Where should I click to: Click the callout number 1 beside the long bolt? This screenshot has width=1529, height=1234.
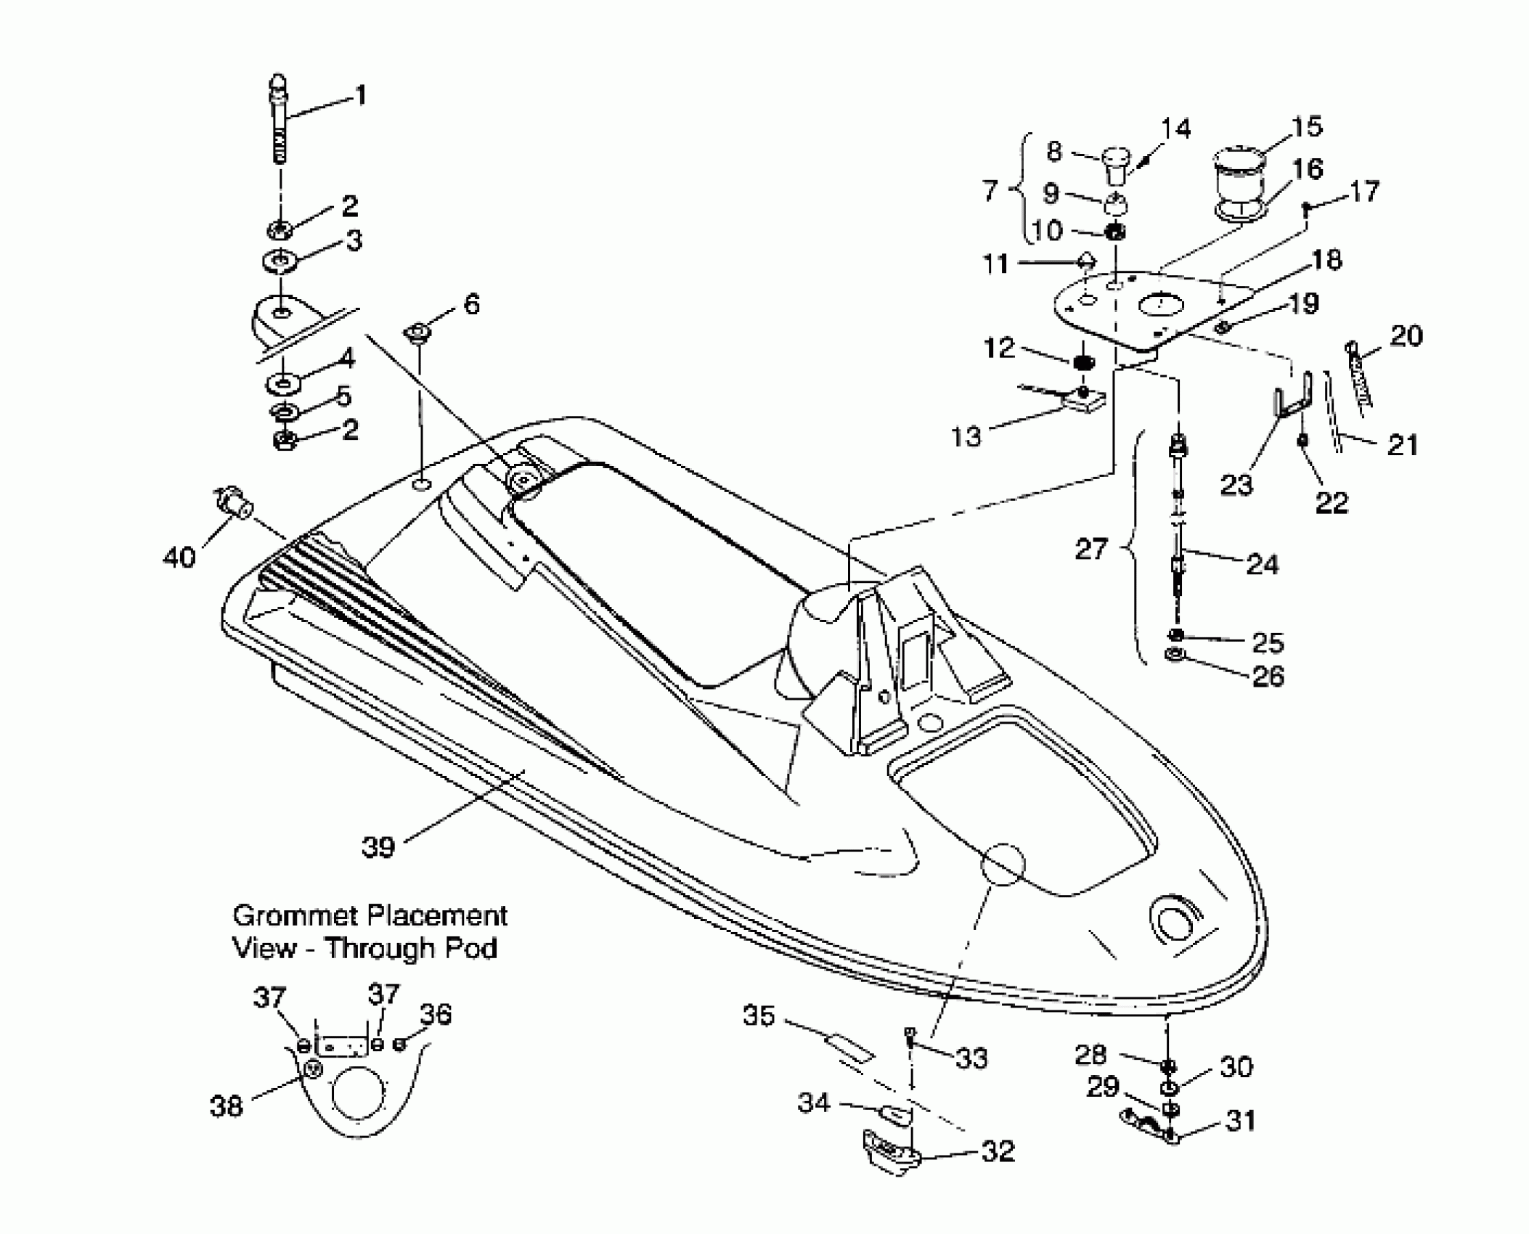pyautogui.click(x=359, y=96)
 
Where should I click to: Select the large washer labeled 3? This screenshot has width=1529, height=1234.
pyautogui.click(x=280, y=261)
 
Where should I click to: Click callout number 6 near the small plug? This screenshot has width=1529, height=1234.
pyautogui.click(x=471, y=304)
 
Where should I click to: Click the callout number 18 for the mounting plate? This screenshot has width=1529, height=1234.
pyautogui.click(x=1327, y=260)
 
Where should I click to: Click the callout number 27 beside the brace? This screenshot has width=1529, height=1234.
pyautogui.click(x=1090, y=549)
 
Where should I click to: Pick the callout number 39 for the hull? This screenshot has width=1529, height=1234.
pyautogui.click(x=378, y=847)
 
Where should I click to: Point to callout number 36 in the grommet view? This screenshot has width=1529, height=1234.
pyautogui.click(x=436, y=1015)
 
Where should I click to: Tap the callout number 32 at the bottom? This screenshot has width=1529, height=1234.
pyautogui.click(x=997, y=1151)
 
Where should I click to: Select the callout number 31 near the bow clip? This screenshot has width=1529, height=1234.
pyautogui.click(x=1240, y=1121)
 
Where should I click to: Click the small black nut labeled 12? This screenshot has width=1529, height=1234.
pyautogui.click(x=1082, y=361)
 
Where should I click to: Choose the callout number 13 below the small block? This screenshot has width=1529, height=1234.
pyautogui.click(x=966, y=436)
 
